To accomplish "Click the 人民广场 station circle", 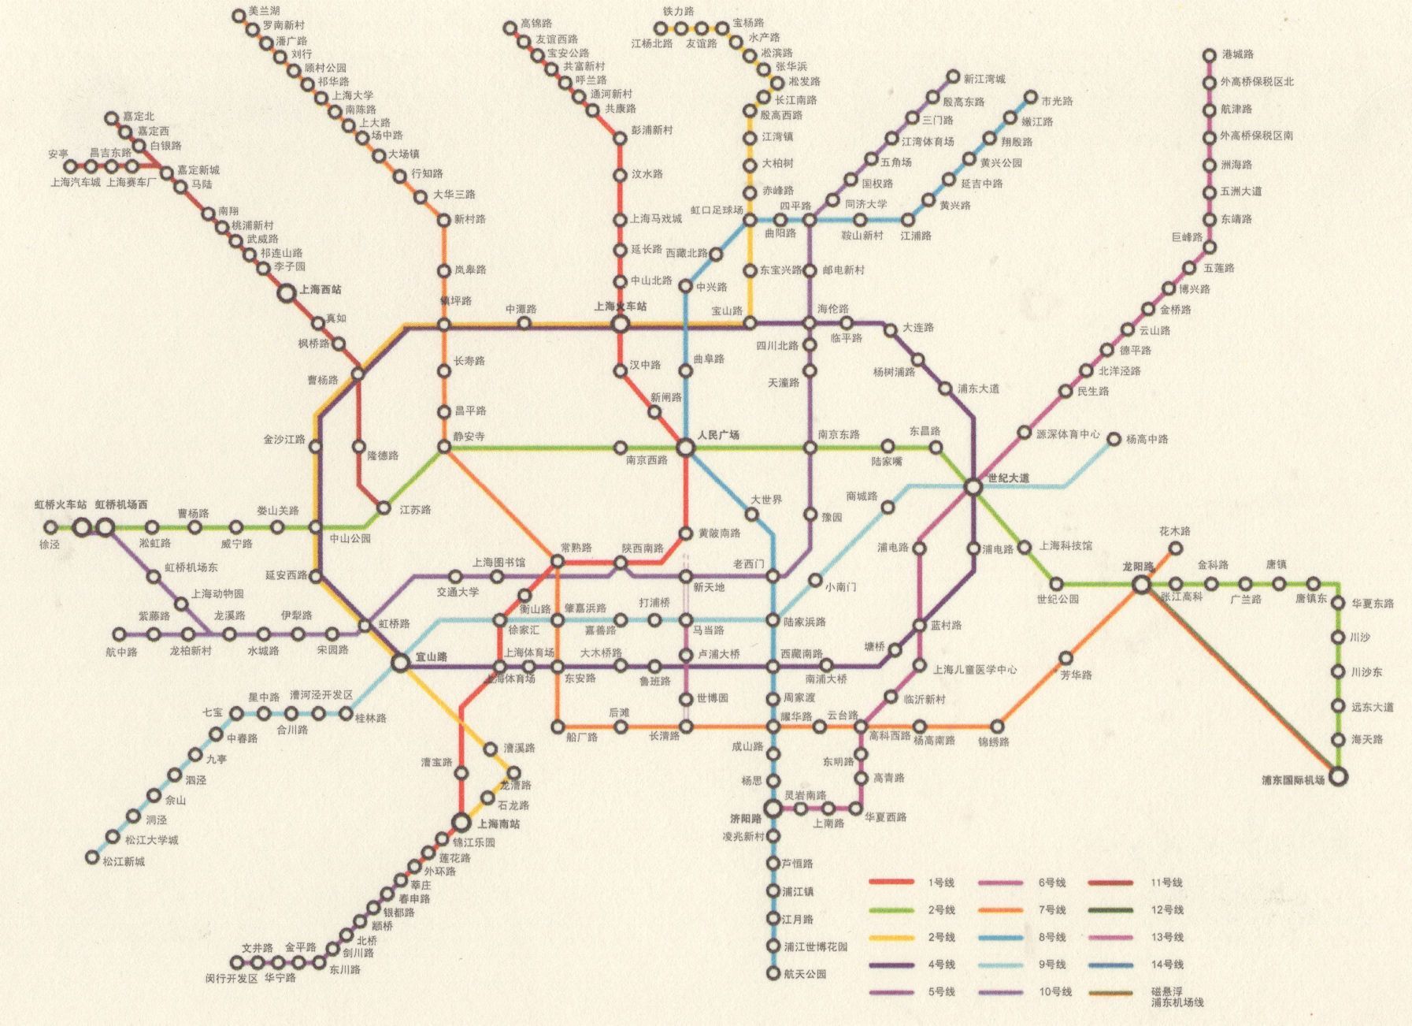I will point(685,448).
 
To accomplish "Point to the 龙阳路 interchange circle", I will point(1141,585).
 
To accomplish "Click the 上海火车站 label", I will point(620,307).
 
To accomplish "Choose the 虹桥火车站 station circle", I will point(82,527).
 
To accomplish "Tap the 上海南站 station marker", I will point(462,823).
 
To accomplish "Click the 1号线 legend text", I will point(941,883).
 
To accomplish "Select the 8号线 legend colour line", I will point(1000,938).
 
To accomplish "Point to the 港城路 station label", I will point(1237,54).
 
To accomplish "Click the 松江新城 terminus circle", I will point(92,857).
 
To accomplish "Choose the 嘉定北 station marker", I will point(112,119).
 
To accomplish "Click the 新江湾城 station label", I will point(984,79).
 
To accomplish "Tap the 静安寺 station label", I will point(469,436).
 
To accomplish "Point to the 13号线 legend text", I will point(1166,937).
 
